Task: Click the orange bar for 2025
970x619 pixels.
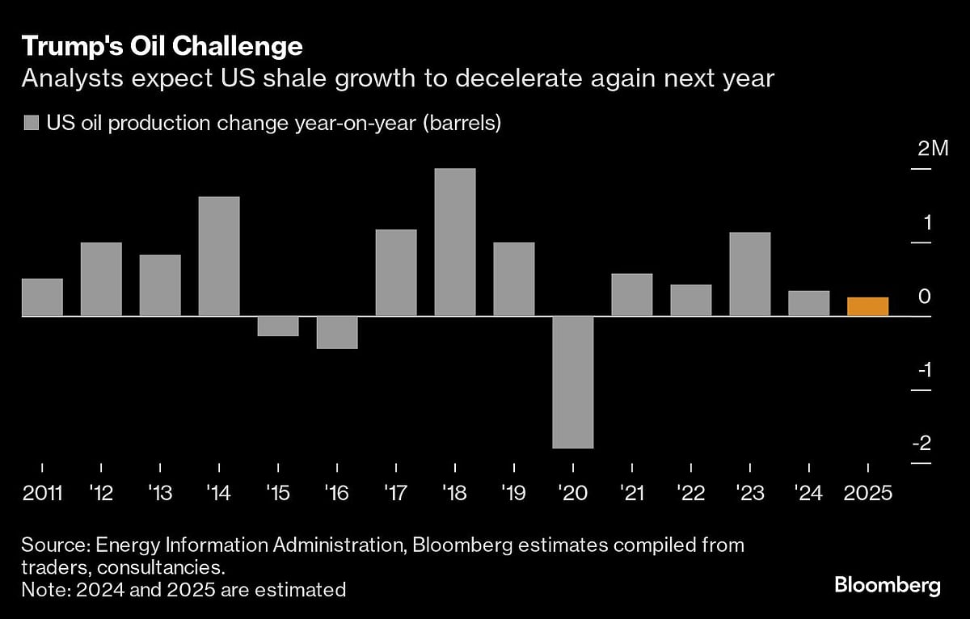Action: click(867, 307)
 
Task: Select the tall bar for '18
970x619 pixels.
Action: click(454, 242)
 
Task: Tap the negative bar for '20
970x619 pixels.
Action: click(572, 381)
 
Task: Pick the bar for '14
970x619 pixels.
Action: click(218, 256)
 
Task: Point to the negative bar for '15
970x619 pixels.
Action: click(277, 326)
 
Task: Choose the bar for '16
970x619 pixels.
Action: click(336, 332)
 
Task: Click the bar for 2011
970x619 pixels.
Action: click(42, 297)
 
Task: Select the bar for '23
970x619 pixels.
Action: click(749, 274)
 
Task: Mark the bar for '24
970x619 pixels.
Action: click(808, 303)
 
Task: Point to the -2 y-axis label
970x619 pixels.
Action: click(922, 444)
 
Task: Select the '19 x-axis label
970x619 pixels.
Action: click(513, 493)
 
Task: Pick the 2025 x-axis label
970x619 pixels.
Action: click(867, 493)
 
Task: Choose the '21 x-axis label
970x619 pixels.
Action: click(631, 493)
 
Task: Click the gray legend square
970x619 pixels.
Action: click(32, 124)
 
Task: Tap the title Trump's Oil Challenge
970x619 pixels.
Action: click(162, 47)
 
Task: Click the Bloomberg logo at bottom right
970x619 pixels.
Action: click(887, 586)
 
